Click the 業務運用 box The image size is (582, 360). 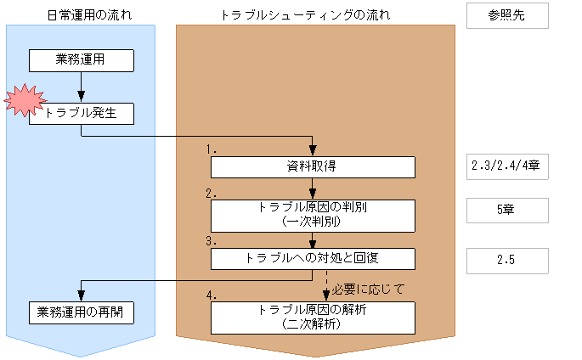tap(82, 59)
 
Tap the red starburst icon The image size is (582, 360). tap(24, 101)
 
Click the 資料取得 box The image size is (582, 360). tap(313, 166)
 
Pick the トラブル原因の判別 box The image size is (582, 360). tap(313, 215)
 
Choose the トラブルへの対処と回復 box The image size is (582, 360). tap(313, 259)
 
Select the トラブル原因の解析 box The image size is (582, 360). tap(313, 317)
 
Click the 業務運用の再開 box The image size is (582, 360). tap(82, 312)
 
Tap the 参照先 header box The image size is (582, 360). tap(505, 16)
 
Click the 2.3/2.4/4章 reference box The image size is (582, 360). tap(505, 166)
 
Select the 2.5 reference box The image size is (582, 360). tap(505, 260)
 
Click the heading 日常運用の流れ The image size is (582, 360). tap(81, 15)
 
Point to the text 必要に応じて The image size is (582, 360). tap(366, 289)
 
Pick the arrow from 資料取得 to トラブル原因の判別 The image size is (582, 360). tap(314, 188)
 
